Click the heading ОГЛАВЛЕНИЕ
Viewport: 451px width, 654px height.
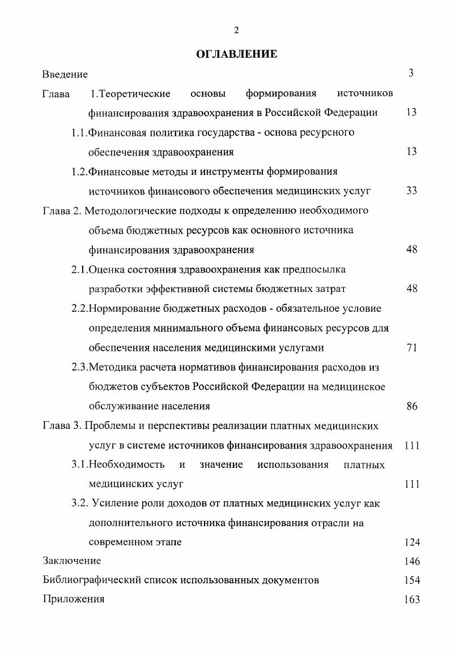(x=236, y=54)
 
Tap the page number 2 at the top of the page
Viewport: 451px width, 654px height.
(x=236, y=30)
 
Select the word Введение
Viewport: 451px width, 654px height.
(x=65, y=74)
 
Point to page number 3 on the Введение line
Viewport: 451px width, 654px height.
(x=411, y=73)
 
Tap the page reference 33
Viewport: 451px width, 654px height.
(x=411, y=191)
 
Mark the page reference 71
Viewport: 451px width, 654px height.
(x=411, y=348)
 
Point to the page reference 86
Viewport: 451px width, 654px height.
(x=411, y=406)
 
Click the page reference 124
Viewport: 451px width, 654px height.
(x=412, y=543)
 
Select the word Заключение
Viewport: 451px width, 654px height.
(x=72, y=561)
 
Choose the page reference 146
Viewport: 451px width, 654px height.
(x=412, y=562)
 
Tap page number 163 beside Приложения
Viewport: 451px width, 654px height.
(x=412, y=600)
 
